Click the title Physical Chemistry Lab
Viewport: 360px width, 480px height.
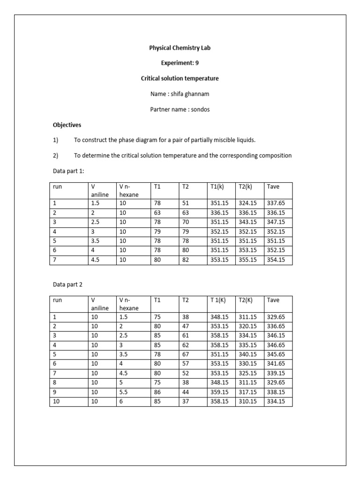[180, 48]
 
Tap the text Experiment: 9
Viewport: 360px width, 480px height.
[180, 63]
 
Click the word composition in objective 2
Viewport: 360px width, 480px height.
[274, 156]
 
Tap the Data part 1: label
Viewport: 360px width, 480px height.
[66, 171]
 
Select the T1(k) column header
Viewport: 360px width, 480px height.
[217, 187]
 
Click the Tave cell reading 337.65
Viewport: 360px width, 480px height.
[276, 203]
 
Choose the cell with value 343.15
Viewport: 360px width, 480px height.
[247, 222]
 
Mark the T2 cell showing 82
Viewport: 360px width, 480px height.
[186, 260]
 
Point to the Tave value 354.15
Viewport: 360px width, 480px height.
[276, 260]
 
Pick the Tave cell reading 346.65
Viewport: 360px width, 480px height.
[276, 345]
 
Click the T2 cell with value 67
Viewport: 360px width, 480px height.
[186, 354]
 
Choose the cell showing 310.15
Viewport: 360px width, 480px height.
[247, 401]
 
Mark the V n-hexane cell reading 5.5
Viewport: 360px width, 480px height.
[124, 392]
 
